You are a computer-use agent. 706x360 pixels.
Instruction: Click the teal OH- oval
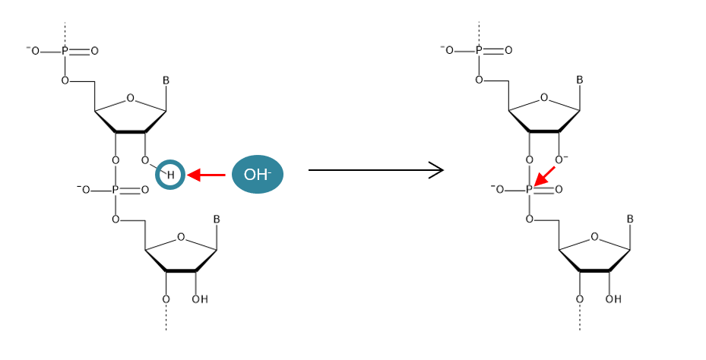point(257,175)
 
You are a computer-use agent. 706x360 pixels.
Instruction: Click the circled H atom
point(170,175)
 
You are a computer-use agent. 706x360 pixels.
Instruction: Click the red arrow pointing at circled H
point(206,175)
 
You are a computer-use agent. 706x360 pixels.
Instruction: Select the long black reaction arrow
point(375,170)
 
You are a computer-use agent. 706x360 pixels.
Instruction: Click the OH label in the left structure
point(199,299)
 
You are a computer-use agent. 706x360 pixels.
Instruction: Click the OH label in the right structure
point(613,299)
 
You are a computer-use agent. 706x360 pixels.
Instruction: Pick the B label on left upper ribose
point(166,80)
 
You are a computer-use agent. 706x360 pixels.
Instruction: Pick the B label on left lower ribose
point(217,219)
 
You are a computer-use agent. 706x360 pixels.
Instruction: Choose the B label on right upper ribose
point(579,80)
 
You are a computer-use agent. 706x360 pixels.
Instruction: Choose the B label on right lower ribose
point(630,219)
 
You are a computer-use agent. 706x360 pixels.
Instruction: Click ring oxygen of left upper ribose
point(130,98)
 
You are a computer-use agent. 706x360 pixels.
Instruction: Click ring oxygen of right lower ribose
point(594,237)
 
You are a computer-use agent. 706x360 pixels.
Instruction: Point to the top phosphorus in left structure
point(65,51)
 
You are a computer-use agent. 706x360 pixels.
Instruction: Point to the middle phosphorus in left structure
point(116,190)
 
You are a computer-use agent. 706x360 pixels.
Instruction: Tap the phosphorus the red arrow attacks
point(529,190)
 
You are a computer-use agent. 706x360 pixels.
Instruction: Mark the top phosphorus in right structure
point(479,51)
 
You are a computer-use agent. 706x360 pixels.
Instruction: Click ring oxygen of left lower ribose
point(181,237)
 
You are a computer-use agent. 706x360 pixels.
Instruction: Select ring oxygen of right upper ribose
point(543,98)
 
